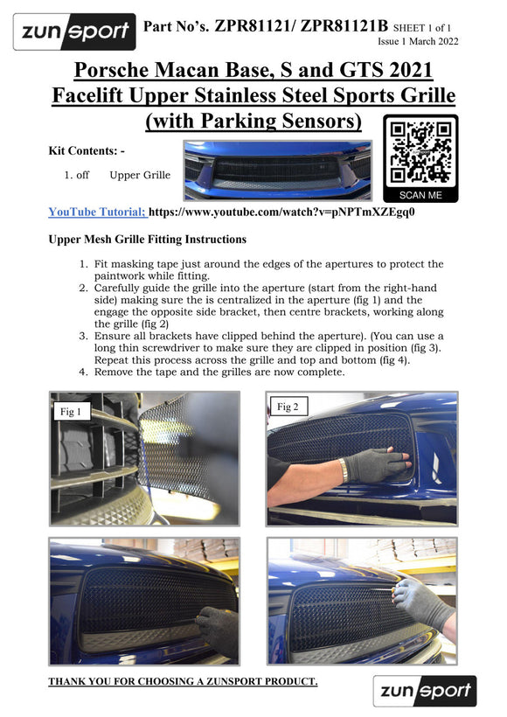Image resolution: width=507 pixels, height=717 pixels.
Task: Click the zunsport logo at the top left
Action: pos(74,31)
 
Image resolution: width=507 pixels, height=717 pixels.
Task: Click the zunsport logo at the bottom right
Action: pos(425,691)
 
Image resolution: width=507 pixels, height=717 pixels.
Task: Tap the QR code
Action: pos(420,153)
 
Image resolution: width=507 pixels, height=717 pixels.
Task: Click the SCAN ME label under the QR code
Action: pos(420,195)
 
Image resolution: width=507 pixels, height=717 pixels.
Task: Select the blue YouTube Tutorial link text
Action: pos(97,212)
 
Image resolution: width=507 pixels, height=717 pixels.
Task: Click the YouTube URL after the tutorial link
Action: pos(281,212)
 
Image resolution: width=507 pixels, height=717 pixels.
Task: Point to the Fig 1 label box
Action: pos(71,412)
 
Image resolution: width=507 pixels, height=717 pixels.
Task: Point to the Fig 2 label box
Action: pos(288,407)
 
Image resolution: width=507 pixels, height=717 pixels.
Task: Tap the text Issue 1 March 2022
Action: pos(418,41)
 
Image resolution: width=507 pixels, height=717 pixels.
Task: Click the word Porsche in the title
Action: pos(111,70)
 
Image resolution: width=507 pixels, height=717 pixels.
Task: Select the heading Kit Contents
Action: pos(87,151)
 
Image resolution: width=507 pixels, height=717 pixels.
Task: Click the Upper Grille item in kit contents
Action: pos(140,175)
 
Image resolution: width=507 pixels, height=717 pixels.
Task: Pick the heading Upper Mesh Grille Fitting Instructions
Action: pos(147,240)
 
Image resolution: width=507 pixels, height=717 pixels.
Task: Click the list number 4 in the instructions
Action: pos(83,372)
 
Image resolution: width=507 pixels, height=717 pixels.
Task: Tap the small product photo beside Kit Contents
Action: pos(277,171)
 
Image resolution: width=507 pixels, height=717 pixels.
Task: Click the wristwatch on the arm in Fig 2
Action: pos(343,470)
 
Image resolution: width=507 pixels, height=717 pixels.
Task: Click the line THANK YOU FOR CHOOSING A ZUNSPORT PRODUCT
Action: pos(183,681)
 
